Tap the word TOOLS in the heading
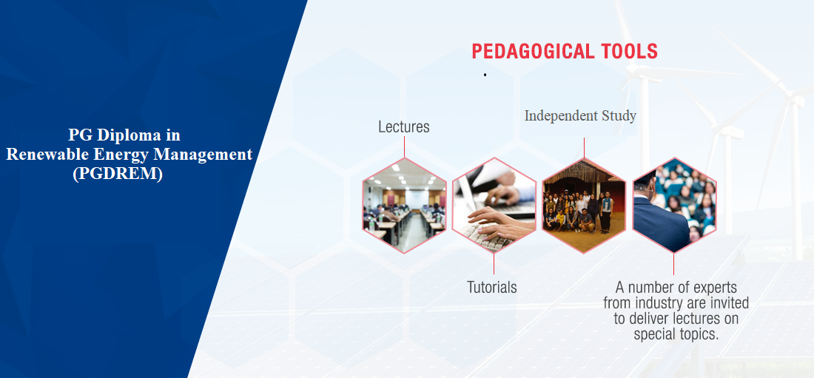[x=629, y=51]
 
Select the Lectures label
[x=404, y=126]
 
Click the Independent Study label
[x=580, y=116]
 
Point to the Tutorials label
[x=492, y=287]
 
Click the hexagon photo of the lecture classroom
[x=404, y=205]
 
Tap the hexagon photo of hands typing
[x=494, y=205]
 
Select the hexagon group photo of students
[x=584, y=205]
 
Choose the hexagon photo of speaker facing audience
[x=674, y=205]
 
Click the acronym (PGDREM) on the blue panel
[x=118, y=174]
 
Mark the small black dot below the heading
[x=485, y=75]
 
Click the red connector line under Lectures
[x=404, y=146]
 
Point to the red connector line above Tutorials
[x=494, y=264]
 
